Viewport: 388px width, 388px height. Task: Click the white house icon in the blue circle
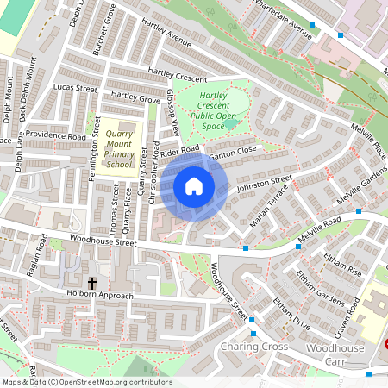click(194, 185)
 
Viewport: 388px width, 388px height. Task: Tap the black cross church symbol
click(92, 283)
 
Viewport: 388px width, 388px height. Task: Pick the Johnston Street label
click(265, 185)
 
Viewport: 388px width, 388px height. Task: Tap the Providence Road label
click(55, 136)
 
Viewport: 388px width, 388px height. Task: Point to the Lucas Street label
click(75, 88)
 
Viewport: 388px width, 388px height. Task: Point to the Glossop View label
click(172, 112)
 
